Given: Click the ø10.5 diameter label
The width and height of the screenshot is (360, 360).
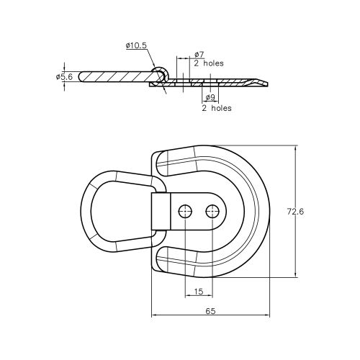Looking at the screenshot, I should coord(136,46).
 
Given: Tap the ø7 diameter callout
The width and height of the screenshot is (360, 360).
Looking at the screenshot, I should coord(199,55).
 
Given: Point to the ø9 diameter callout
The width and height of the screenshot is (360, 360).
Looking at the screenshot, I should coord(210,98).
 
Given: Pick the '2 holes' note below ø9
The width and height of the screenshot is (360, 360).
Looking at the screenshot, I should coord(216,108).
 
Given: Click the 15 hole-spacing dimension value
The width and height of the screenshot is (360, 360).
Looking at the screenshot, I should coord(198,292).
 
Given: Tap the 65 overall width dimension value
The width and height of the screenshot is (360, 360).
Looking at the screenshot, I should coord(211,311).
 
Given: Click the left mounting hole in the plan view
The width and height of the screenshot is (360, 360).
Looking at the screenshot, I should coord(185,211).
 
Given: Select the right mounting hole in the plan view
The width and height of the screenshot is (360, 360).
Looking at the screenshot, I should coord(211,211).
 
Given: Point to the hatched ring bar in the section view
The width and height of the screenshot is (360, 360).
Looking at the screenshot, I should coord(115,76).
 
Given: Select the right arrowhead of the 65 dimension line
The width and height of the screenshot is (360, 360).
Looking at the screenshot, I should coord(269,315).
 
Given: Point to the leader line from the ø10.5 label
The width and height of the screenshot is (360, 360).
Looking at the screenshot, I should coord(153,58).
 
